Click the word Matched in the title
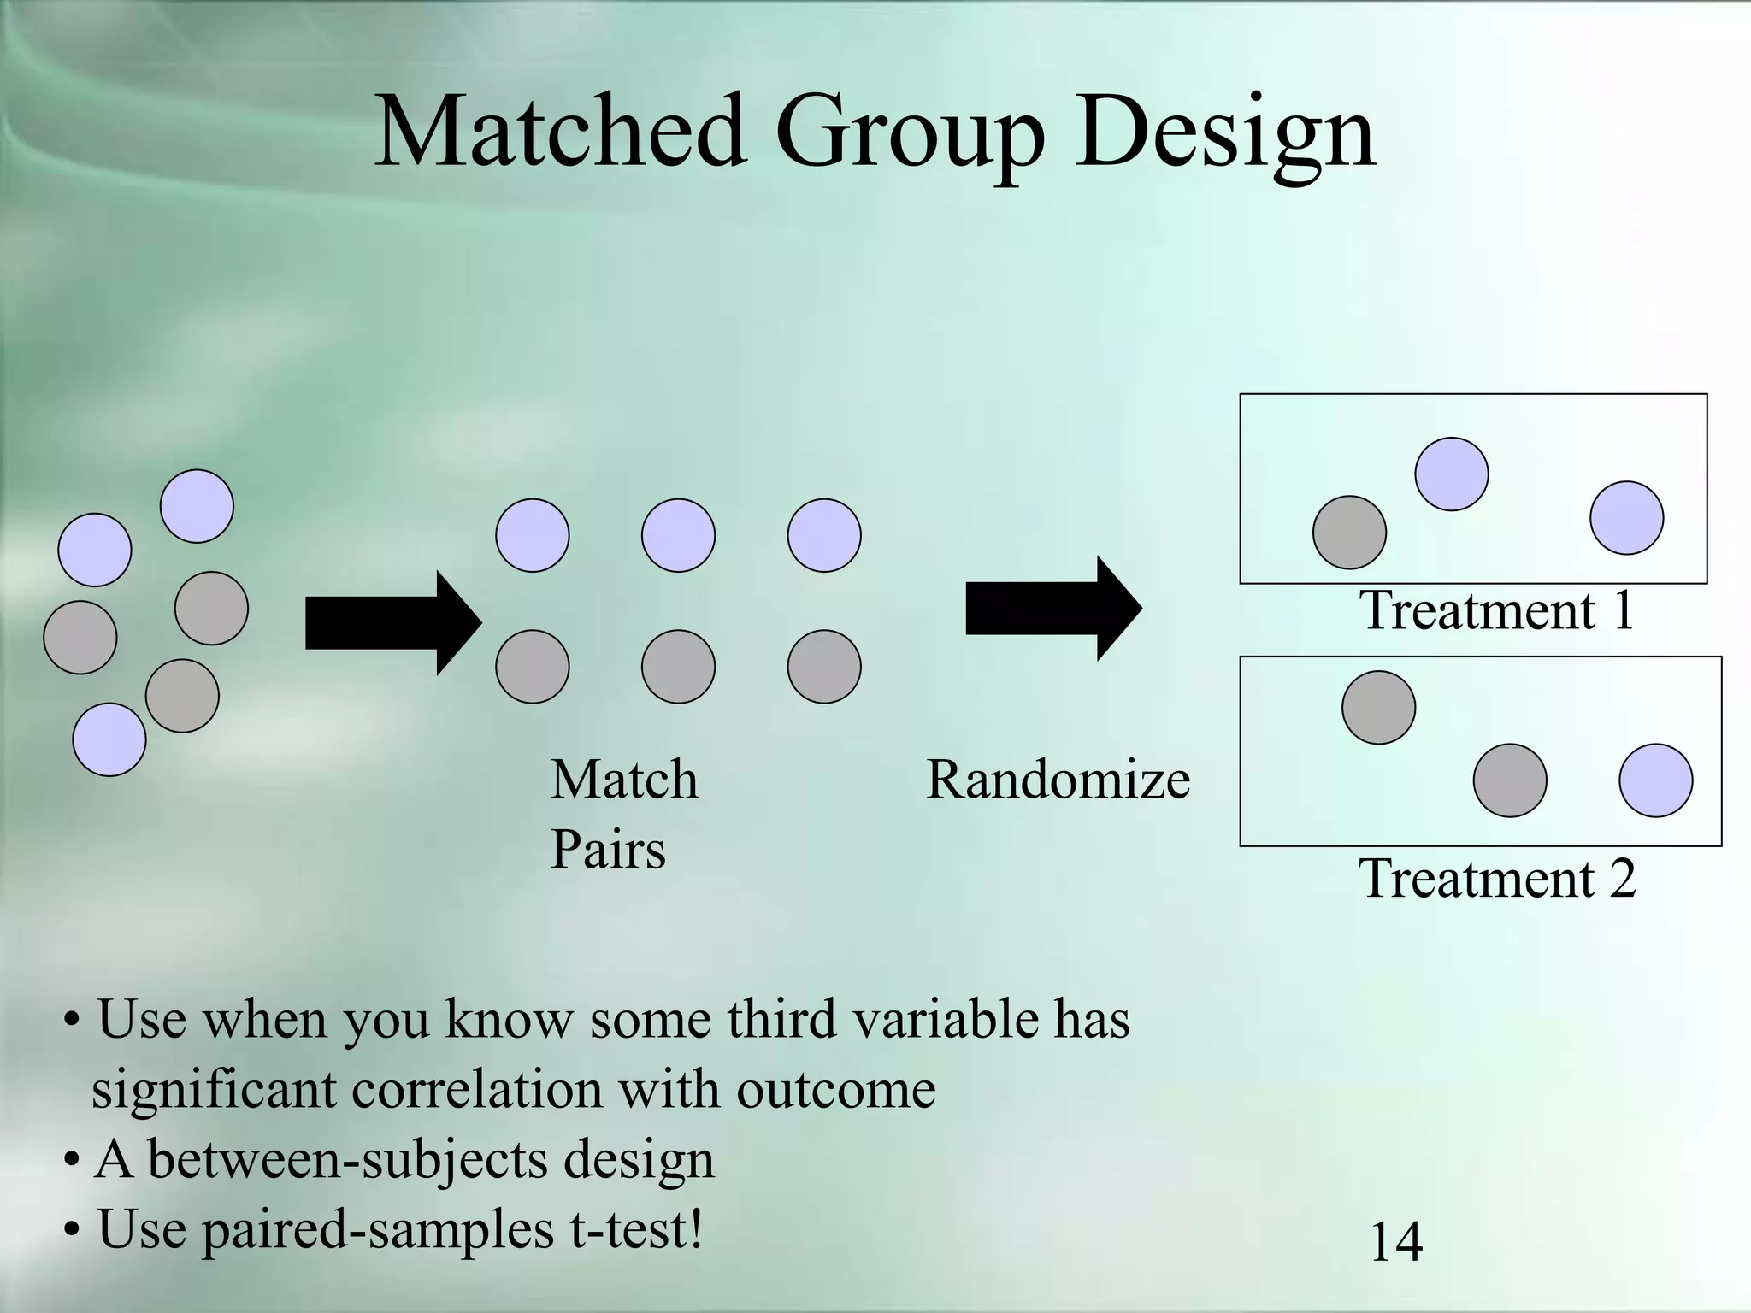tap(560, 132)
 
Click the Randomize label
tap(1058, 780)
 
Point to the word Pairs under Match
tap(607, 851)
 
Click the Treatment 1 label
tap(1496, 610)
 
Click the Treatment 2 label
tap(1496, 878)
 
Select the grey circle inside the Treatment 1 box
tap(1349, 533)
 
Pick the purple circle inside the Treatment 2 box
tap(1656, 780)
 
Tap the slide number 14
tap(1396, 1241)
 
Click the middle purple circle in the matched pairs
tap(678, 535)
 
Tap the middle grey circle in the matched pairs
tap(678, 667)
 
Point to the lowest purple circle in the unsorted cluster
tap(109, 739)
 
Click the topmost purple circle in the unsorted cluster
tap(197, 506)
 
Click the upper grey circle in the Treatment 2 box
tap(1378, 708)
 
